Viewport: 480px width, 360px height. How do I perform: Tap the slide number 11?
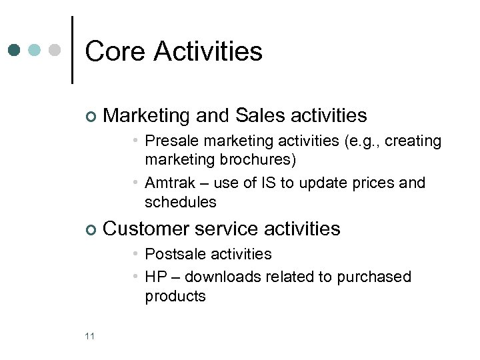click(90, 336)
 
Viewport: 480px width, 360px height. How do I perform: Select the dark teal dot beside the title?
click(15, 50)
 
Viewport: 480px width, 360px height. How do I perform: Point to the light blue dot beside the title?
click(35, 50)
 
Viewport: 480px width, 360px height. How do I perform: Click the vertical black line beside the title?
click(72, 50)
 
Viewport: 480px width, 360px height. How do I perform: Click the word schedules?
click(180, 201)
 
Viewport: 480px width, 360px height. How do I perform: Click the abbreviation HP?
click(155, 277)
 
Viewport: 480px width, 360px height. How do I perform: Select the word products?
click(175, 296)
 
